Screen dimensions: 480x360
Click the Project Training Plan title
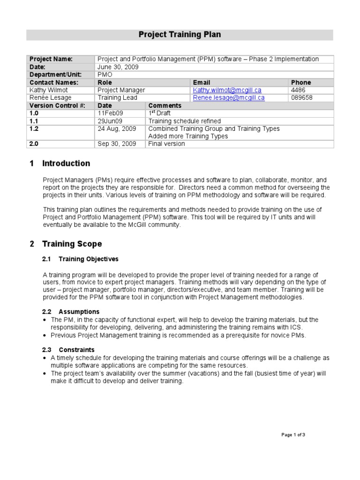(x=180, y=35)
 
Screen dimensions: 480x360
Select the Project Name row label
(x=51, y=59)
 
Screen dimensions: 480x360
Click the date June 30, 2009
(x=118, y=67)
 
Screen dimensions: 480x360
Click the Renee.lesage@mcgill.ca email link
(x=229, y=98)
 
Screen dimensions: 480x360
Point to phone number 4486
(x=298, y=90)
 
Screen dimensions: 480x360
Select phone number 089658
(x=302, y=98)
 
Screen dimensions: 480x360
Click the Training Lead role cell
(x=117, y=98)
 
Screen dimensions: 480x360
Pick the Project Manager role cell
(x=121, y=90)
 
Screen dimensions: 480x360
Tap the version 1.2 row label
(x=34, y=128)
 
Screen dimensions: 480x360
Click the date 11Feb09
(x=111, y=113)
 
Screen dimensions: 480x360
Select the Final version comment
(x=166, y=144)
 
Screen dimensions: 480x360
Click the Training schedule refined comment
(x=184, y=121)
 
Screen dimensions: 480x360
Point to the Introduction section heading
(x=66, y=164)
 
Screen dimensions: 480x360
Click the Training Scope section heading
(x=71, y=244)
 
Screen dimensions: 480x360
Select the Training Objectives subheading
(x=88, y=259)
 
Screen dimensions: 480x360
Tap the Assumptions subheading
(x=79, y=312)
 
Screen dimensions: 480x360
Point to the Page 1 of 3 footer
(x=293, y=435)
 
